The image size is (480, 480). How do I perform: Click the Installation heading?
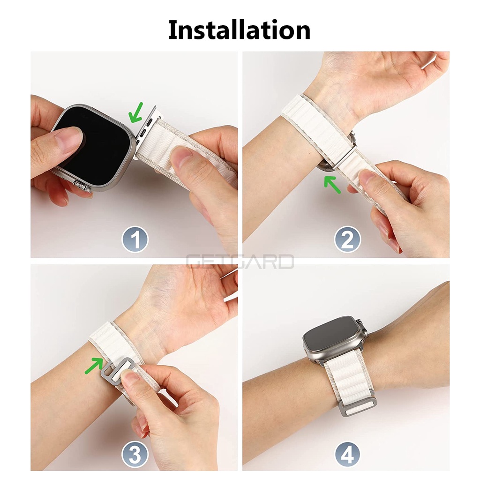pyautogui.click(x=240, y=30)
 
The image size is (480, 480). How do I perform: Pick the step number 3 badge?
pyautogui.click(x=135, y=455)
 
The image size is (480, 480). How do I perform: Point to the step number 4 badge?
pyautogui.click(x=347, y=455)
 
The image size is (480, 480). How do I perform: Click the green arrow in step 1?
pyautogui.click(x=135, y=112)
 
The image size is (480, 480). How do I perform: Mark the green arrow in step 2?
pyautogui.click(x=332, y=184)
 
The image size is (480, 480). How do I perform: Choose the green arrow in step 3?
pyautogui.click(x=94, y=366)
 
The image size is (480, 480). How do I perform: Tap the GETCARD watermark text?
pyautogui.click(x=240, y=262)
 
